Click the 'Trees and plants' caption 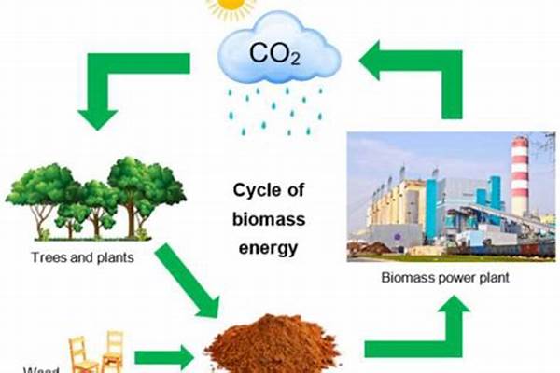pyautogui.click(x=81, y=255)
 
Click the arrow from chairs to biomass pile pyautogui.click(x=163, y=355)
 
